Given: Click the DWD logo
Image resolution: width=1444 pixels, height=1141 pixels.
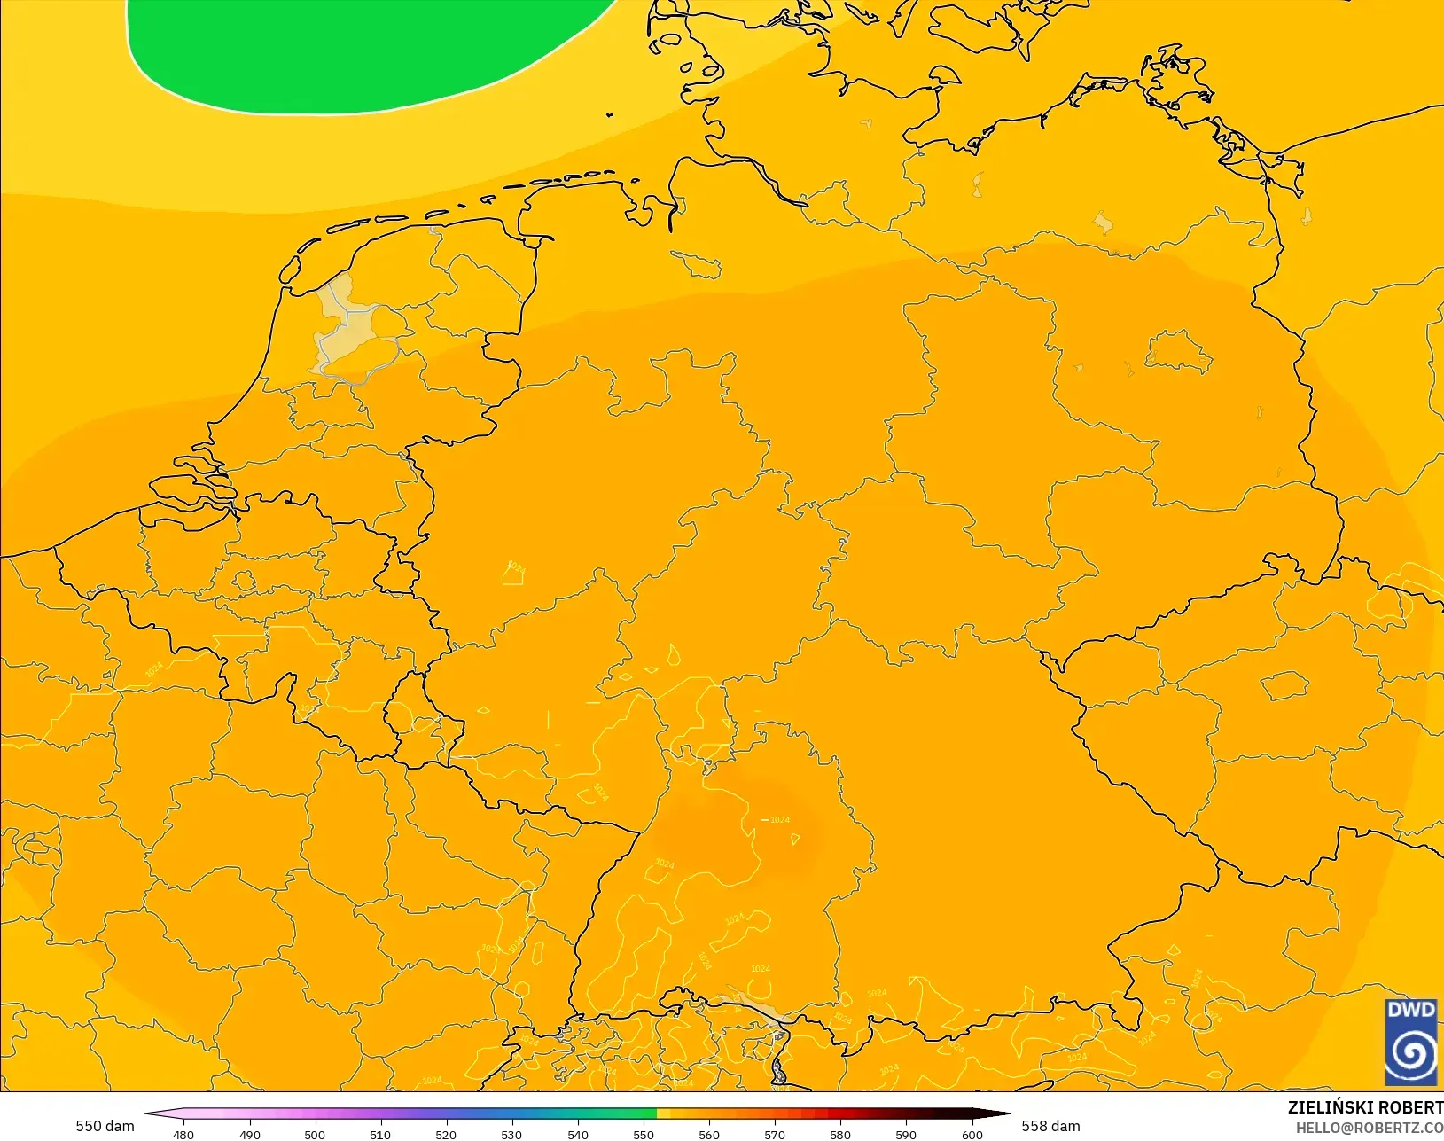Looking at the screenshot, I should click(1410, 1042).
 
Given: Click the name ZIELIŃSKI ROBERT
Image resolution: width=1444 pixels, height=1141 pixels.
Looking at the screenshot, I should click(1365, 1107).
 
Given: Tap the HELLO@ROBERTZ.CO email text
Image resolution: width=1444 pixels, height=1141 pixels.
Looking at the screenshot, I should click(1370, 1128).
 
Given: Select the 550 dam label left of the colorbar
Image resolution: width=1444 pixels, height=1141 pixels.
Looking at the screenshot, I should click(105, 1126).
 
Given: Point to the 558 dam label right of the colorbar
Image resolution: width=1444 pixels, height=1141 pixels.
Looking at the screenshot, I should click(1050, 1126).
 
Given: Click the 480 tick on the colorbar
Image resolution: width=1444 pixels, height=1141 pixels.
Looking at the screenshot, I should click(183, 1134).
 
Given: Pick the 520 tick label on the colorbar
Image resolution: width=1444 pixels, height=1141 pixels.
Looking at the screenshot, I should click(446, 1134).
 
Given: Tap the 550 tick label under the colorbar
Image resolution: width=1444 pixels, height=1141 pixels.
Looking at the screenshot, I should click(644, 1134).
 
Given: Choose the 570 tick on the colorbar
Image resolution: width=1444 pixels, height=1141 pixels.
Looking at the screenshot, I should click(775, 1134).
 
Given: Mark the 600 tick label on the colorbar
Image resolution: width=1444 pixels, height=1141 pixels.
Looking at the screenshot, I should click(972, 1134).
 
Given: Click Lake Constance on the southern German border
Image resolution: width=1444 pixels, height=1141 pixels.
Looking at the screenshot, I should click(753, 1006).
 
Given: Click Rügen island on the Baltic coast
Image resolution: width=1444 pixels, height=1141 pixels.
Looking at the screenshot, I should click(1175, 75).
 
